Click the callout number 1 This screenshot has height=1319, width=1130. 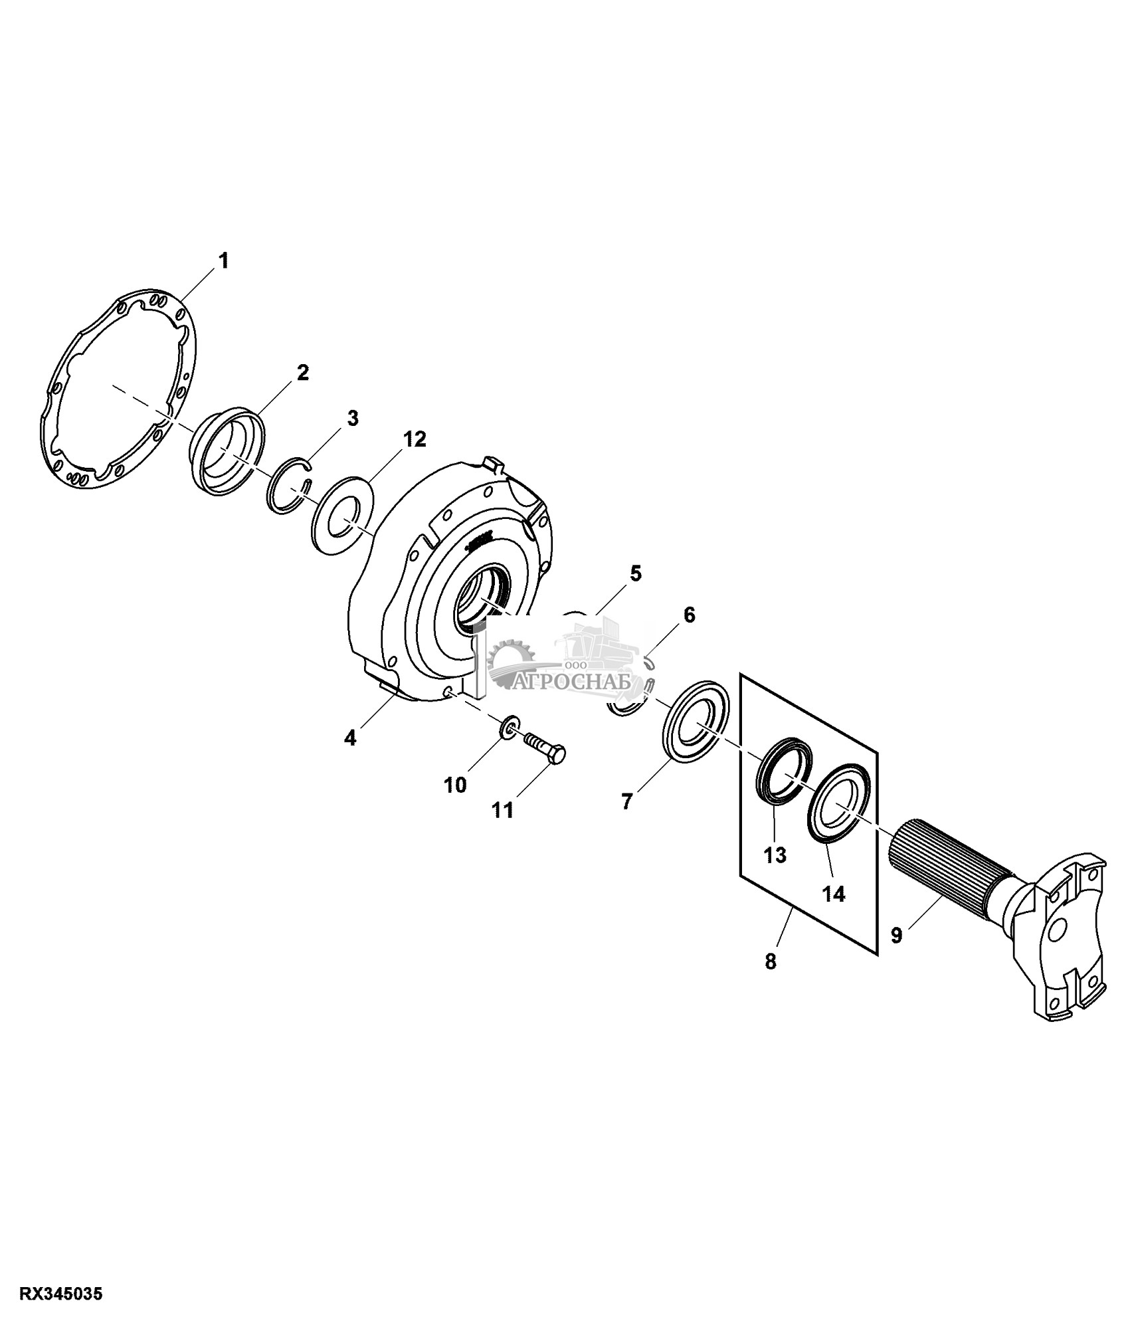point(224,260)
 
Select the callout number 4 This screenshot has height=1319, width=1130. point(350,737)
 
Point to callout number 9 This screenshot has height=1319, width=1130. point(896,935)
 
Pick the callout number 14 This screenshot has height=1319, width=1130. point(834,894)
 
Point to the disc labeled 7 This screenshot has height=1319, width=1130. point(696,723)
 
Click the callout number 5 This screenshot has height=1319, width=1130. point(636,573)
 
